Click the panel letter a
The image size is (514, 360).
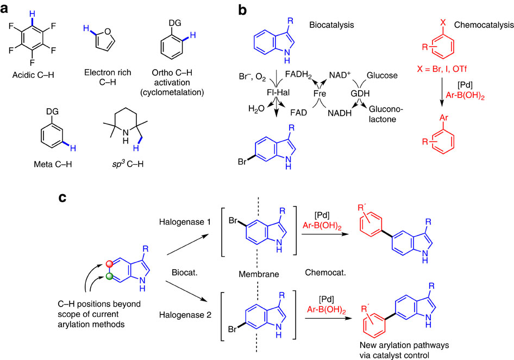pos(8,9)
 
